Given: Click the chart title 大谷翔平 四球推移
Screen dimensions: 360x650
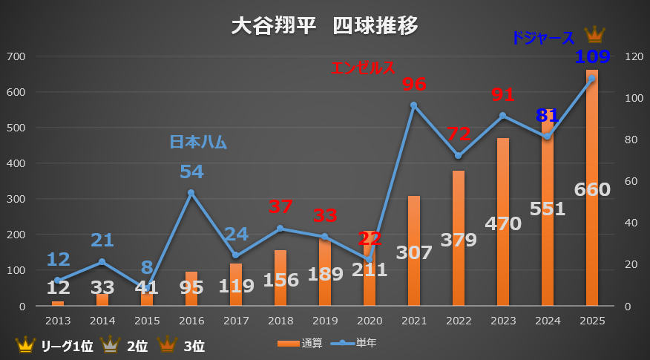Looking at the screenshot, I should click(x=324, y=26).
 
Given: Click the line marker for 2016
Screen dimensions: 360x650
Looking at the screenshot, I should click(x=191, y=193).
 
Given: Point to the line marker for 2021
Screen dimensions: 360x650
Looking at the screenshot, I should click(x=414, y=105).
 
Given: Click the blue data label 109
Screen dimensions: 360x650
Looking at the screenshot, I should click(x=592, y=56).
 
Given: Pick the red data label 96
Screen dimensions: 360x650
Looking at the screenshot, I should click(x=414, y=84).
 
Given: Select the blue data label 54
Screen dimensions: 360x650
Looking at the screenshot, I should click(x=191, y=171).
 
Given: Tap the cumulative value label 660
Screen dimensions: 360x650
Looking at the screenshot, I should click(x=592, y=189).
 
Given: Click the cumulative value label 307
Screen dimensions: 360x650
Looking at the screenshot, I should click(x=414, y=252).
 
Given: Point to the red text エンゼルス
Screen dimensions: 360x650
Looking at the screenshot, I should click(x=363, y=68).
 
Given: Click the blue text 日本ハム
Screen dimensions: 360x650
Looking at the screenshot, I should click(x=198, y=141).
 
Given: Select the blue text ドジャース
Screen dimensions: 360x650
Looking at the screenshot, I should click(x=543, y=38).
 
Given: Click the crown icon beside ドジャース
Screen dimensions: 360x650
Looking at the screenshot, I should click(x=594, y=35).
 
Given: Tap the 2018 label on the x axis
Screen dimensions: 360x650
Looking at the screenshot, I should click(x=280, y=320).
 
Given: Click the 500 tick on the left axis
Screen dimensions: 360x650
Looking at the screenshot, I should click(x=16, y=128).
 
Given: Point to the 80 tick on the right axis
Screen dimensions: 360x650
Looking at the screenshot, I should click(x=631, y=140).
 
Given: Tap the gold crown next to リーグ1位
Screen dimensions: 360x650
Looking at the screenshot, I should click(x=25, y=344).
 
